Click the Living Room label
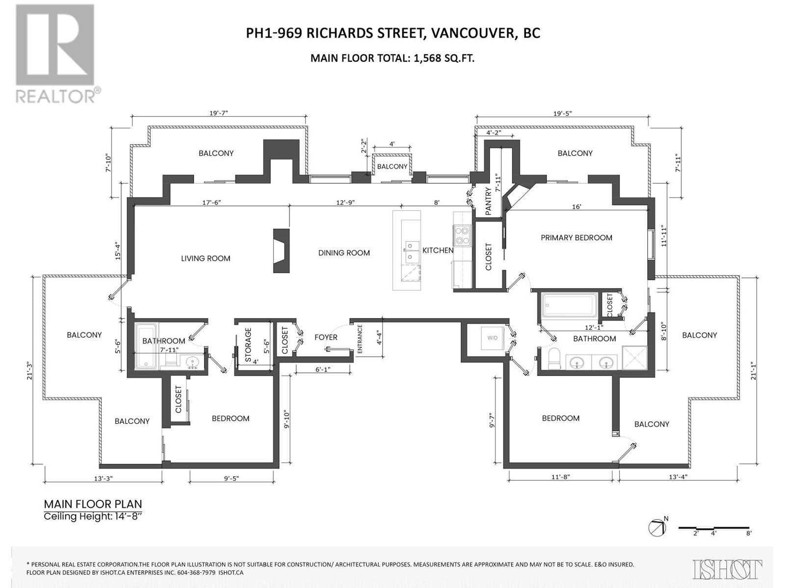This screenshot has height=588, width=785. coord(205,258)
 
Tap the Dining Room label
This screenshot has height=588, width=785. coord(343,253)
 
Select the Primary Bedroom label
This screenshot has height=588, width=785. coord(576,238)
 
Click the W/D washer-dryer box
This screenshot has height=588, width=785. coord(492,338)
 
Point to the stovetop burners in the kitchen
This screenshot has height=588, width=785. coord(462,235)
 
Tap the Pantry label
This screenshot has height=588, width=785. coord(488,201)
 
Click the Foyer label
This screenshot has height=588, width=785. coord(326,337)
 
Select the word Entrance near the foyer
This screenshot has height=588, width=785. coord(360,339)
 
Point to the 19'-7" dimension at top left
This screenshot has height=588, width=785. coord(219,113)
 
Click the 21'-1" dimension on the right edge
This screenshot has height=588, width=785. coord(754,370)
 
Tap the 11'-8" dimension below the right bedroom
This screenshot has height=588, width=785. coord(560,476)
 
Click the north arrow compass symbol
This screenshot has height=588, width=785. coord(657,528)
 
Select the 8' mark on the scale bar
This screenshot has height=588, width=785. coord(749,533)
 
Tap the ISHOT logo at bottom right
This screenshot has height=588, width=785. coord(728,569)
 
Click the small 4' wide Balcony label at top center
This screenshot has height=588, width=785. coord(392,167)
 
